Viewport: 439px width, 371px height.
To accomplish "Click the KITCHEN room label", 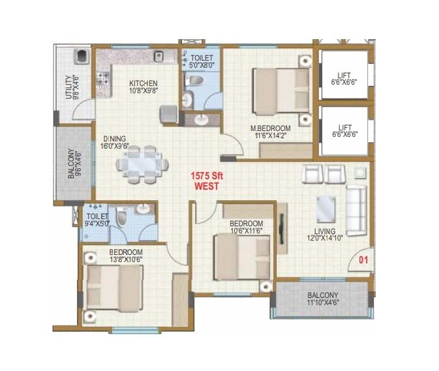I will click(x=143, y=87).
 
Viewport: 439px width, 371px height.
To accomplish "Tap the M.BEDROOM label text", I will click(x=269, y=132).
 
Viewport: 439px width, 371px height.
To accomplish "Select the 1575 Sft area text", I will click(x=207, y=175).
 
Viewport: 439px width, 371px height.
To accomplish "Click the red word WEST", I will click(x=207, y=186).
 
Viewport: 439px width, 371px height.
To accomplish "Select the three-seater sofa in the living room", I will click(x=357, y=205).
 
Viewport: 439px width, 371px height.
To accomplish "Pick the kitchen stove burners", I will click(x=104, y=80).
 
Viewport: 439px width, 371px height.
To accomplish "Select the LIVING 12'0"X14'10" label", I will click(x=324, y=235).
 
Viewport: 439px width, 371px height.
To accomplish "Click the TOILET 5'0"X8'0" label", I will click(x=202, y=61).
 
